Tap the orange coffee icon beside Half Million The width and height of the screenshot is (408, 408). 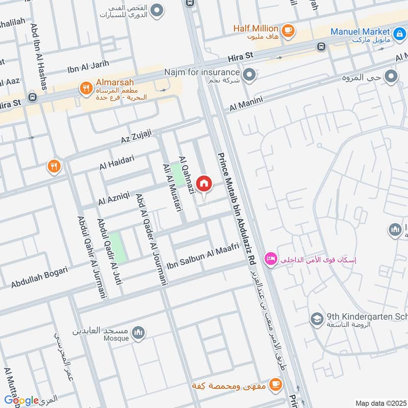[288, 30]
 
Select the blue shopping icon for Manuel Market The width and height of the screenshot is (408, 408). [399, 32]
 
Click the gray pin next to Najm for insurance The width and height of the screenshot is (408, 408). [249, 76]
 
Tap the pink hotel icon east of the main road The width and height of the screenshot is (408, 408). [269, 260]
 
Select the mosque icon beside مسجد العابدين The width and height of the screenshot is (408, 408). [138, 334]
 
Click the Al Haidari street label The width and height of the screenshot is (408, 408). [117, 163]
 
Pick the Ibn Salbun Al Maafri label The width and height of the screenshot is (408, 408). [203, 257]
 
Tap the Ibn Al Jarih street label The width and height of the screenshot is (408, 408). [88, 68]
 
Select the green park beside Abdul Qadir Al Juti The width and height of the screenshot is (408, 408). [116, 247]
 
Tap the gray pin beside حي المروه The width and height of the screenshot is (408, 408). [391, 76]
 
